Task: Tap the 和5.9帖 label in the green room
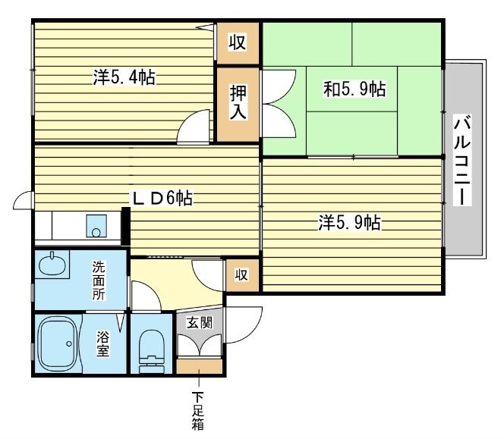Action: [354, 89]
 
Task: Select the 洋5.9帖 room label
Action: [349, 222]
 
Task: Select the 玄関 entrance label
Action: [200, 321]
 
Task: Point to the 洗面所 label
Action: [99, 280]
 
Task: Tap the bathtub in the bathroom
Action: [57, 344]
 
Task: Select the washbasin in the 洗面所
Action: [52, 267]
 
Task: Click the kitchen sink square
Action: [96, 225]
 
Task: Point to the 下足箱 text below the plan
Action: [199, 410]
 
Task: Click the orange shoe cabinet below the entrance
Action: [200, 367]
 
